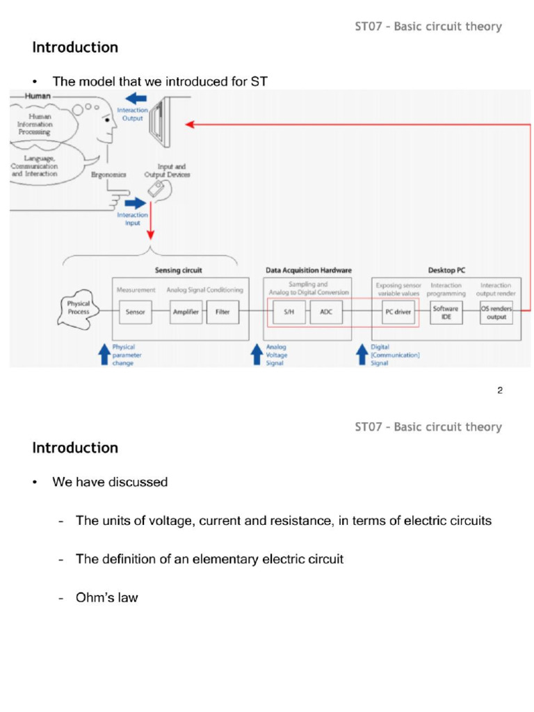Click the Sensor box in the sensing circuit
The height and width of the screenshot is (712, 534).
coord(135,312)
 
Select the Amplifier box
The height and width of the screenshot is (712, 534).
coord(186,312)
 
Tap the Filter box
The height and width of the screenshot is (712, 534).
coord(222,312)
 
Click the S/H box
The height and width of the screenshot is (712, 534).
coord(289,312)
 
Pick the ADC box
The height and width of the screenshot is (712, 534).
coord(326,312)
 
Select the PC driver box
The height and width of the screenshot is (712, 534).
coord(398,312)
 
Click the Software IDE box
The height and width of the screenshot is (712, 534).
coord(446,312)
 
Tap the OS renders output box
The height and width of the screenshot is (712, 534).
coord(496,312)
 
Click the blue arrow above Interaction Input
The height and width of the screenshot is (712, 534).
coord(136,203)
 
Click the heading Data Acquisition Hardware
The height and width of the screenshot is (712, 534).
coord(309,270)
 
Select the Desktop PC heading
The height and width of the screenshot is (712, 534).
coord(446,270)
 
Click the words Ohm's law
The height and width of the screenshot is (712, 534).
coord(107,597)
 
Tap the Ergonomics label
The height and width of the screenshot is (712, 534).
coord(109,175)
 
